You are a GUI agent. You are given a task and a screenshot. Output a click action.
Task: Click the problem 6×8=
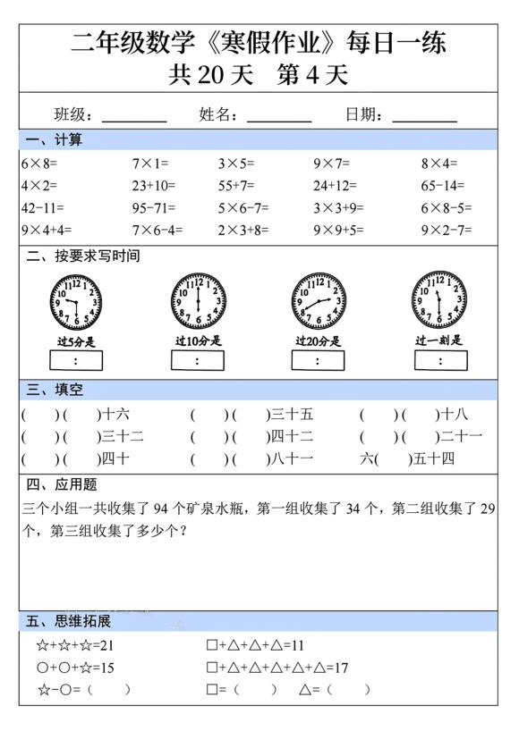[39, 164]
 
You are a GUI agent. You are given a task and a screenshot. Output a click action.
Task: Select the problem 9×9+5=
[338, 230]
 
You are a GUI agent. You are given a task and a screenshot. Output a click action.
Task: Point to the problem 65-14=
[443, 186]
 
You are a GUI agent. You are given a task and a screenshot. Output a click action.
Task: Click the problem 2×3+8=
[242, 230]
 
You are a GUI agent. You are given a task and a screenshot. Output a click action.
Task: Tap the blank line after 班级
[134, 116]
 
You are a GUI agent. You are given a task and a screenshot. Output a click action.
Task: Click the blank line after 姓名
[279, 116]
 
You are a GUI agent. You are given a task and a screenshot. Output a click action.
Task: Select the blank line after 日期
[425, 116]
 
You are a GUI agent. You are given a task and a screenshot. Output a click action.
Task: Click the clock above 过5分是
[76, 300]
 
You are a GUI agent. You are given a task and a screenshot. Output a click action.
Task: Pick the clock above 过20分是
[318, 300]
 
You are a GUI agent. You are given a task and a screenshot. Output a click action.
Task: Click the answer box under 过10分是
[198, 360]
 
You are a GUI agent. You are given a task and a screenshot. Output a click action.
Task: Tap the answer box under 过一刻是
[439, 360]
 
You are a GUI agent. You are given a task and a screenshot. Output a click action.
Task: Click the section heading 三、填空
[55, 390]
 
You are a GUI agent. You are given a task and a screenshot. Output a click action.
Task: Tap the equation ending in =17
[277, 668]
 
